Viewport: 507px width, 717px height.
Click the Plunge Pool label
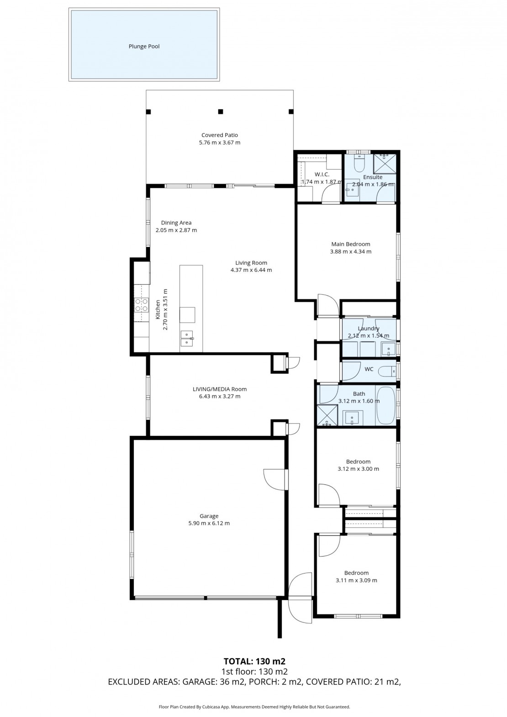[144, 47]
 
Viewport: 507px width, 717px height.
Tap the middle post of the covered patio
[220, 112]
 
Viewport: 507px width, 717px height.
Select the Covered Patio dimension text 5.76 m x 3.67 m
[219, 143]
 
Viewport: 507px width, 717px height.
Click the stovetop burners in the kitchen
[142, 305]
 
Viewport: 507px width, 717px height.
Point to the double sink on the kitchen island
[187, 339]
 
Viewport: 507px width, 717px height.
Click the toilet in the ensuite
[359, 163]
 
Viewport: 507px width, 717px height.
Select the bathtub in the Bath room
[386, 406]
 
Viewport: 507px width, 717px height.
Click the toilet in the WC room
[387, 372]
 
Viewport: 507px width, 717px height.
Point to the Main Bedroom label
[351, 244]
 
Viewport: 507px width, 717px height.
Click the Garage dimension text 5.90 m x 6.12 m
[209, 523]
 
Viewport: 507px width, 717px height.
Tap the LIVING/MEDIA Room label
[219, 389]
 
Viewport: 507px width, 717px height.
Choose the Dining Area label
[176, 223]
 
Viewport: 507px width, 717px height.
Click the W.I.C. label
[322, 175]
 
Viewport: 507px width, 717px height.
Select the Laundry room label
[369, 329]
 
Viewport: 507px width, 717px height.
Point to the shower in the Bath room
[327, 415]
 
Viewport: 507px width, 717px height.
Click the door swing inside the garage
[275, 479]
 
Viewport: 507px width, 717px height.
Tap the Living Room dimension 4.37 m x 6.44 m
[251, 270]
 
